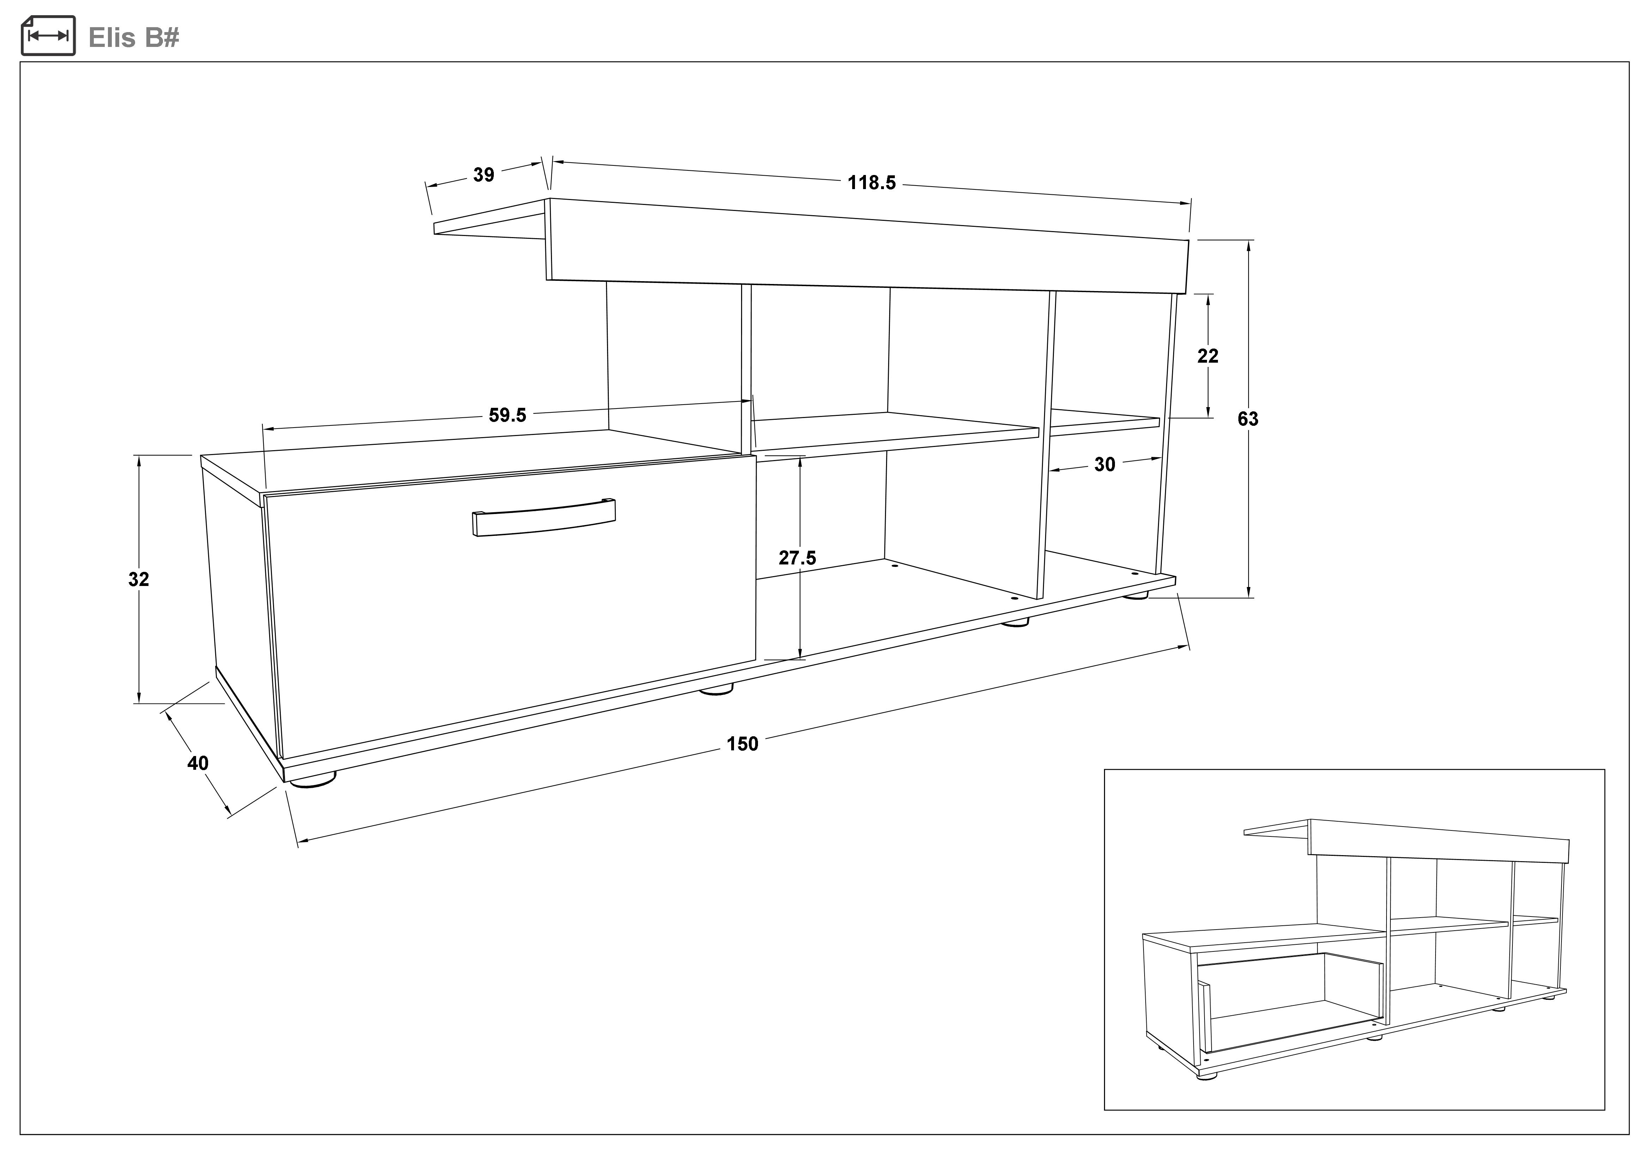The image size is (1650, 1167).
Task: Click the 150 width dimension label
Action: (x=742, y=744)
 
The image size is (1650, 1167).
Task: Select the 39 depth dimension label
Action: (x=484, y=175)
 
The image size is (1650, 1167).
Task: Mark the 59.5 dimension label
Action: (x=507, y=415)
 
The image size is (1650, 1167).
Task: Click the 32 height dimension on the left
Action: (x=139, y=579)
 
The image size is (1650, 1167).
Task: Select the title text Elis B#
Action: (x=134, y=37)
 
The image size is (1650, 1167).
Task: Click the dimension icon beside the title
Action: (x=48, y=36)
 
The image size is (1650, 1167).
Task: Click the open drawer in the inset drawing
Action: (x=1286, y=1006)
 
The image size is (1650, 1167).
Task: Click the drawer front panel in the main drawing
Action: (x=510, y=611)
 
